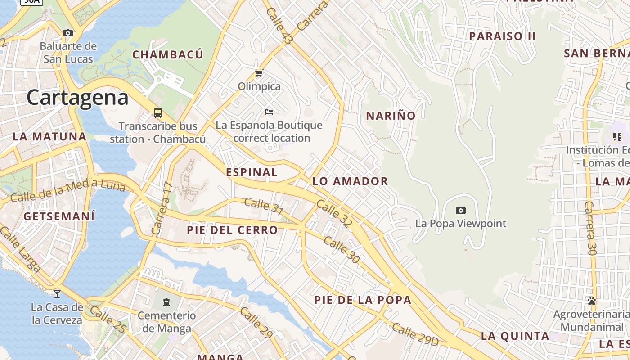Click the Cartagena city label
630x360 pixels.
77,98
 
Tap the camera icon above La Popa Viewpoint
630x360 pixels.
460,210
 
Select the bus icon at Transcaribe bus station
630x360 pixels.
157,112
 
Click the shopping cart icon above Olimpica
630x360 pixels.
259,73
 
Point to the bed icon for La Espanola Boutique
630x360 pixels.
269,112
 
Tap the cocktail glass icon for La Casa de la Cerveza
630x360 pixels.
57,294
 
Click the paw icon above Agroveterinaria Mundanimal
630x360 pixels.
592,301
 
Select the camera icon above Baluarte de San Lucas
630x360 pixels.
68,33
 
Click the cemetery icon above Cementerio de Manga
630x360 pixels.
167,302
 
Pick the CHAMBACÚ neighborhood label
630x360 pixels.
168,55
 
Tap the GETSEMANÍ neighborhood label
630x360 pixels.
59,216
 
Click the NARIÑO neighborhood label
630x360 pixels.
391,116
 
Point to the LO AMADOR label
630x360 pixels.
350,181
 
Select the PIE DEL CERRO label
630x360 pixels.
233,230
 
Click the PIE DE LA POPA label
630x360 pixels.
363,300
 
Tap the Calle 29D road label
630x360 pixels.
414,334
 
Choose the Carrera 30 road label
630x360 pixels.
590,228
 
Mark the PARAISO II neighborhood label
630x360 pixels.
502,36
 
